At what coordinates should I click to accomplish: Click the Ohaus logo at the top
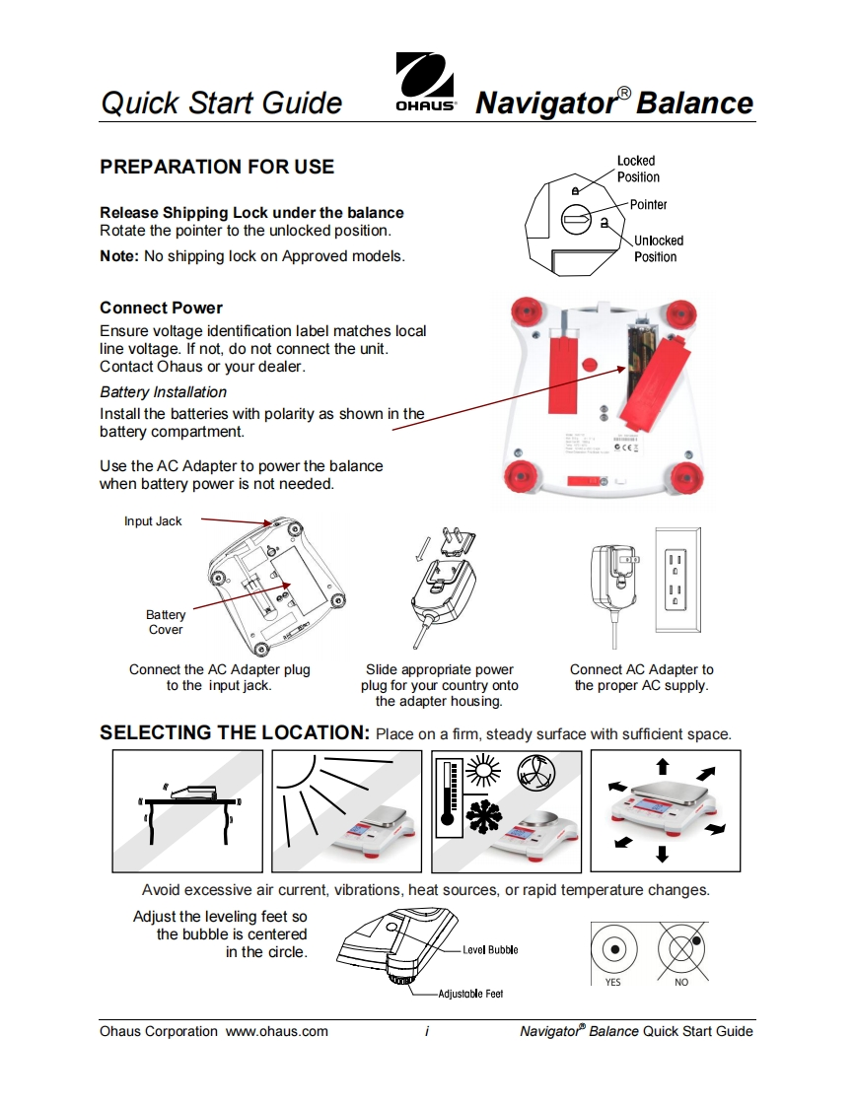click(425, 85)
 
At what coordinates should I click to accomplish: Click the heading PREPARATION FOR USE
click(217, 167)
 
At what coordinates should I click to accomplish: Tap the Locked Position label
click(638, 169)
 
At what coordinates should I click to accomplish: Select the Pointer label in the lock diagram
click(648, 205)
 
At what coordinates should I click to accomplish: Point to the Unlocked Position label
click(658, 248)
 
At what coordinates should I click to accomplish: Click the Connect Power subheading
click(161, 308)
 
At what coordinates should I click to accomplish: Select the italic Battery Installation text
click(163, 392)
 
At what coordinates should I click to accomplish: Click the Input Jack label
click(153, 521)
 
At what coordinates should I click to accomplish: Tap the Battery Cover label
click(166, 622)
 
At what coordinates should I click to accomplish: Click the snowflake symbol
click(483, 821)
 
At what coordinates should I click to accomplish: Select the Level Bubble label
click(490, 950)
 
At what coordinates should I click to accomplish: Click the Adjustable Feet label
click(470, 994)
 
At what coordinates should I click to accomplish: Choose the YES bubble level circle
click(613, 949)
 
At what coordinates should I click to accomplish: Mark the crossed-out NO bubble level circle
click(681, 949)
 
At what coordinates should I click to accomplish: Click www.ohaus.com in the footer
click(277, 1031)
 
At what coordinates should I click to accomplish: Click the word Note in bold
click(119, 256)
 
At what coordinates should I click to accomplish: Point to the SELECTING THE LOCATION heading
click(234, 732)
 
